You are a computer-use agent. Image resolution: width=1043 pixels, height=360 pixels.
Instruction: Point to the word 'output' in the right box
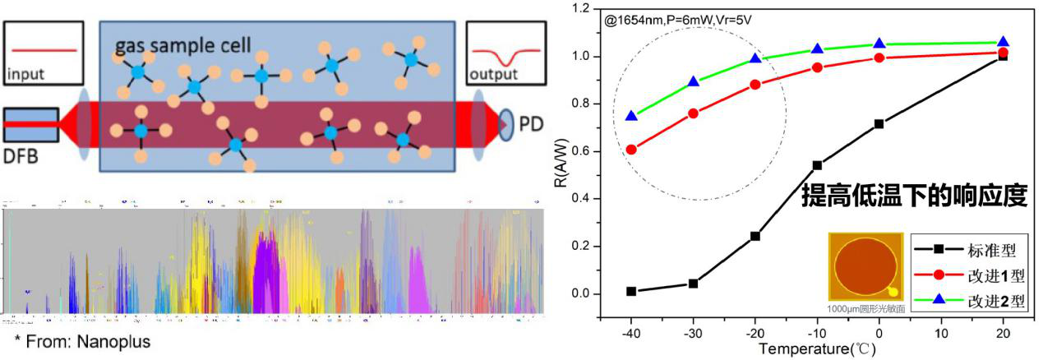pyautogui.click(x=494, y=75)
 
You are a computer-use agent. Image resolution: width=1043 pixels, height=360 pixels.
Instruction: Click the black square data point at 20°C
pyautogui.click(x=1003, y=56)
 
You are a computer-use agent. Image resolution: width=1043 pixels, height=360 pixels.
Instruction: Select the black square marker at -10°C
pyautogui.click(x=817, y=165)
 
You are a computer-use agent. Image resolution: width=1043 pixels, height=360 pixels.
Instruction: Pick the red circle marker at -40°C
pyautogui.click(x=631, y=150)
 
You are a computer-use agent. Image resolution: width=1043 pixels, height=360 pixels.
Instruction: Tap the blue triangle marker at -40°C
pyautogui.click(x=631, y=116)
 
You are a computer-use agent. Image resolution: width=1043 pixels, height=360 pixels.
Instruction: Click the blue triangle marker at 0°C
pyautogui.click(x=879, y=44)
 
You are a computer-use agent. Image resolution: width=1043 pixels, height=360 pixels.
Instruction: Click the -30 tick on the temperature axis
pyautogui.click(x=693, y=335)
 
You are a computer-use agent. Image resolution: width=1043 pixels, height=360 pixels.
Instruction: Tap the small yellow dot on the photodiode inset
pyautogui.click(x=893, y=291)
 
